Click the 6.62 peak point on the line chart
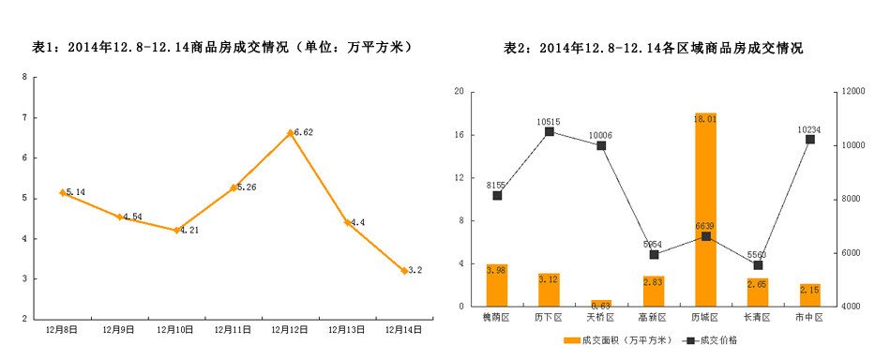(290, 133)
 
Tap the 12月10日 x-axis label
(175, 329)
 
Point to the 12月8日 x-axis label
(62, 329)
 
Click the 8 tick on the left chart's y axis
(23, 77)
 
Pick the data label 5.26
(247, 187)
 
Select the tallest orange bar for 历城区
(705, 209)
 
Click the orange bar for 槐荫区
(497, 285)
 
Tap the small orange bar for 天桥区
(601, 303)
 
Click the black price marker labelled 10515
(550, 131)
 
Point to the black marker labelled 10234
(810, 139)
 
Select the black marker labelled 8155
(497, 195)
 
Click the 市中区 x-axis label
(809, 319)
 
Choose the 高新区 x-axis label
(653, 319)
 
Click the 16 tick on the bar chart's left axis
(458, 134)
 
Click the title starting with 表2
(653, 46)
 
